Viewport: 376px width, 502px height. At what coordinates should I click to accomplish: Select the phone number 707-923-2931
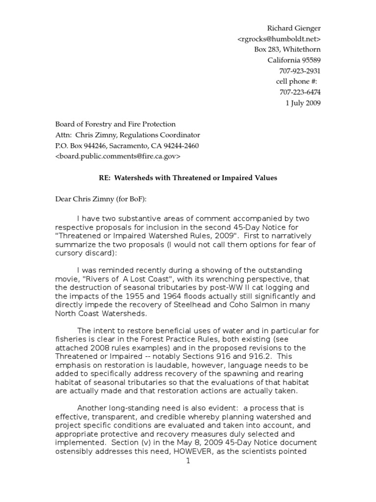pyautogui.click(x=300, y=71)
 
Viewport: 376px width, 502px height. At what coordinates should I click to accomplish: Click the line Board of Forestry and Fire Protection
pyautogui.click(x=115, y=125)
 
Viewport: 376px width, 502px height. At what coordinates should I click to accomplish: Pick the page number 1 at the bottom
pyautogui.click(x=188, y=461)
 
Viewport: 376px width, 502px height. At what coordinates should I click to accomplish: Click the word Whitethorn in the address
pyautogui.click(x=302, y=49)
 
